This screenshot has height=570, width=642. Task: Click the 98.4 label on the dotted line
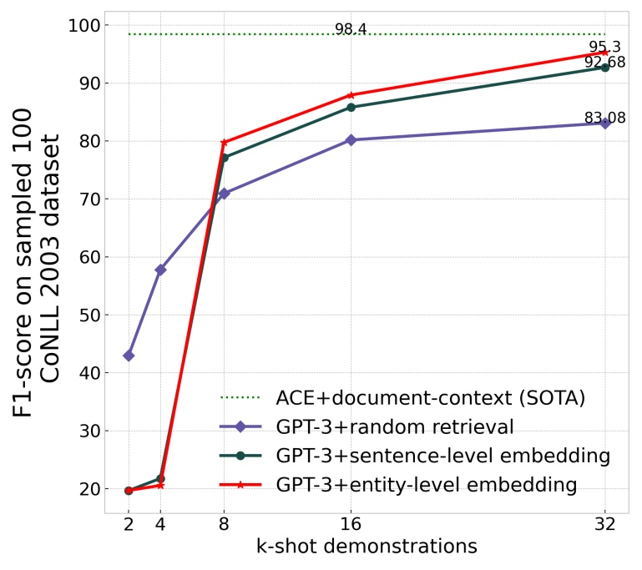click(351, 29)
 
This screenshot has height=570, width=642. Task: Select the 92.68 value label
click(604, 62)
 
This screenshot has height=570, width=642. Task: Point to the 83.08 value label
click(604, 118)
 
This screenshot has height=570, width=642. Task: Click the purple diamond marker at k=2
click(129, 356)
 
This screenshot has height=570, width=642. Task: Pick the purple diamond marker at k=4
click(160, 270)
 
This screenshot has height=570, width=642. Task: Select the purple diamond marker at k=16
click(351, 140)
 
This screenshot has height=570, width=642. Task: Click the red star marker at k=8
click(224, 143)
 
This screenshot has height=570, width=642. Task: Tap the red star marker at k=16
click(351, 95)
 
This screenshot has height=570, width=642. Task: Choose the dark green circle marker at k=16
click(351, 107)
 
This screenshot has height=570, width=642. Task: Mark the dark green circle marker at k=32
click(604, 67)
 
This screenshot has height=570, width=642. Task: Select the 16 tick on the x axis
click(351, 524)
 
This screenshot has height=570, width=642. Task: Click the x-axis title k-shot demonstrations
click(366, 547)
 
